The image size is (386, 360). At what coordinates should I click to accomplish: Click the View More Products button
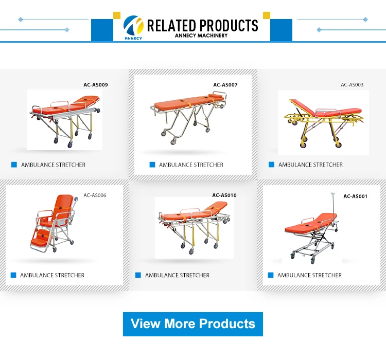(x=193, y=324)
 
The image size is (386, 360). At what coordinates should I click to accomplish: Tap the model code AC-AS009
(x=96, y=85)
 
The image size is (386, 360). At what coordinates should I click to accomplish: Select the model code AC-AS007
(x=225, y=85)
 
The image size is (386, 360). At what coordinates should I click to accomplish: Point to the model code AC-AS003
(x=352, y=85)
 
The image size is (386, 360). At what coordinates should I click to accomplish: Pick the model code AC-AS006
(x=95, y=195)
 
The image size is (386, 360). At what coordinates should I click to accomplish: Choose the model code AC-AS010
(x=224, y=195)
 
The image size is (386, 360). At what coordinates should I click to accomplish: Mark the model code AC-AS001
(x=355, y=196)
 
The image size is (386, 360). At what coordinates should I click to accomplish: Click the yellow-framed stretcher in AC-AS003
(x=322, y=121)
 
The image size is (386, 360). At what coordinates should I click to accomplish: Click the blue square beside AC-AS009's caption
(x=14, y=165)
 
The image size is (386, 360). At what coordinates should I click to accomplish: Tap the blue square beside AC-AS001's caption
(x=271, y=275)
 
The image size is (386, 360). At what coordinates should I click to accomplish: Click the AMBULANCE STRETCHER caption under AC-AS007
(x=191, y=165)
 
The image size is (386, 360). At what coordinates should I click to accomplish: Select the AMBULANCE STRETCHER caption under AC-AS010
(x=177, y=275)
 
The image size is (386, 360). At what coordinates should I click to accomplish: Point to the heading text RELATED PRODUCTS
(x=202, y=25)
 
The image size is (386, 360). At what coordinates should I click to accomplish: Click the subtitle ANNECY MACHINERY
(x=201, y=35)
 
